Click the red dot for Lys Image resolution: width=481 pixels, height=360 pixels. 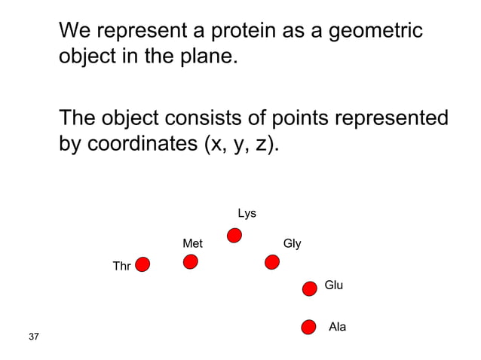click(x=234, y=236)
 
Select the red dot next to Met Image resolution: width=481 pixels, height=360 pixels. click(x=191, y=261)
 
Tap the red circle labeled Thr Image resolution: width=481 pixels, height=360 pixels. click(x=142, y=264)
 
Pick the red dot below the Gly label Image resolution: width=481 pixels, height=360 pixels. click(x=272, y=261)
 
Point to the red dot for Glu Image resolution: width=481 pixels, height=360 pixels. click(x=309, y=288)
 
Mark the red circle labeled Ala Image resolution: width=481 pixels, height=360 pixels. click(x=308, y=327)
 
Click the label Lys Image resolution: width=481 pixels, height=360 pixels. click(x=247, y=214)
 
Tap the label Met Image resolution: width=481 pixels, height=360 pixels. click(x=192, y=243)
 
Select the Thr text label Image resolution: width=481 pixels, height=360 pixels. click(x=121, y=266)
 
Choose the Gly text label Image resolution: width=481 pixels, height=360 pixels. click(x=292, y=243)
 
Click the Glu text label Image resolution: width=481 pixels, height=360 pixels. click(x=333, y=285)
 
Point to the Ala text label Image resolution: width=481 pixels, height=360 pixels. click(x=338, y=327)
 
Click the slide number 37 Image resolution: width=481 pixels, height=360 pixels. click(x=33, y=336)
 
